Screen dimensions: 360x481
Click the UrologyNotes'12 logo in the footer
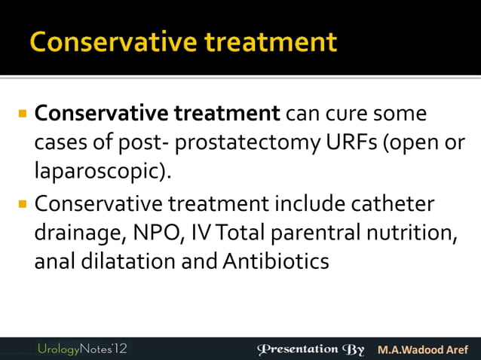point(84,349)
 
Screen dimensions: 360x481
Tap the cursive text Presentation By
point(311,349)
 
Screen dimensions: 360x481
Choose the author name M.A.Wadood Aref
point(422,349)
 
